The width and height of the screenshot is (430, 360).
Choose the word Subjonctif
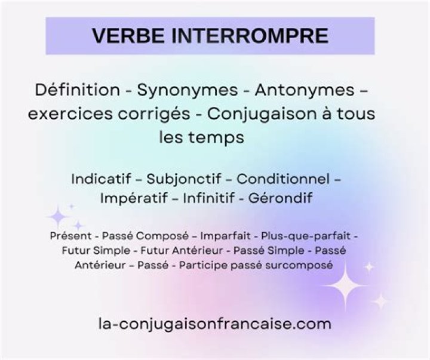pyautogui.click(x=189, y=179)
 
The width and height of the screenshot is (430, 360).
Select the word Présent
pyautogui.click(x=70, y=236)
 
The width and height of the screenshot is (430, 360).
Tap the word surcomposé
pyautogui.click(x=302, y=265)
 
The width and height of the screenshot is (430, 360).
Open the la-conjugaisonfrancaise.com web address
pyautogui.click(x=214, y=324)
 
